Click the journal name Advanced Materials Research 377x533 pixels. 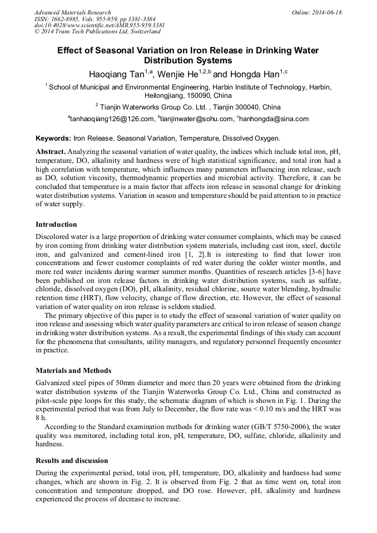(x=72, y=12)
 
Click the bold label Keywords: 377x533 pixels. (x=53, y=138)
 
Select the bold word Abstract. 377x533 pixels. (x=51, y=152)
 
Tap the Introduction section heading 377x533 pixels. (x=56, y=225)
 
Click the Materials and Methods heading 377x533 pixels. (x=73, y=370)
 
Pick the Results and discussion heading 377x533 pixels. (x=72, y=461)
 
